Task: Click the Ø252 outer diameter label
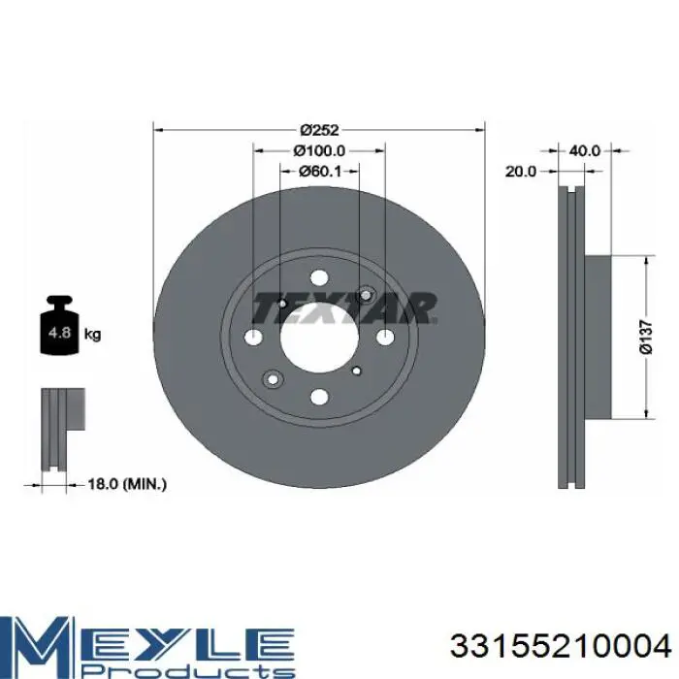[x=319, y=129]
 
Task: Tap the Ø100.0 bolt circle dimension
[x=319, y=150]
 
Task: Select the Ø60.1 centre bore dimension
[x=319, y=172]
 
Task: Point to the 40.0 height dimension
[x=584, y=150]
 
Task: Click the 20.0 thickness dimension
[x=521, y=172]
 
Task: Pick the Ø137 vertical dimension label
[x=646, y=338]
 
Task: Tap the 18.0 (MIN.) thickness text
[x=127, y=484]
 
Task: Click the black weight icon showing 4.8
[x=59, y=325]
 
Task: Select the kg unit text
[x=92, y=335]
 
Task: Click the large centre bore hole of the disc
[x=319, y=338]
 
